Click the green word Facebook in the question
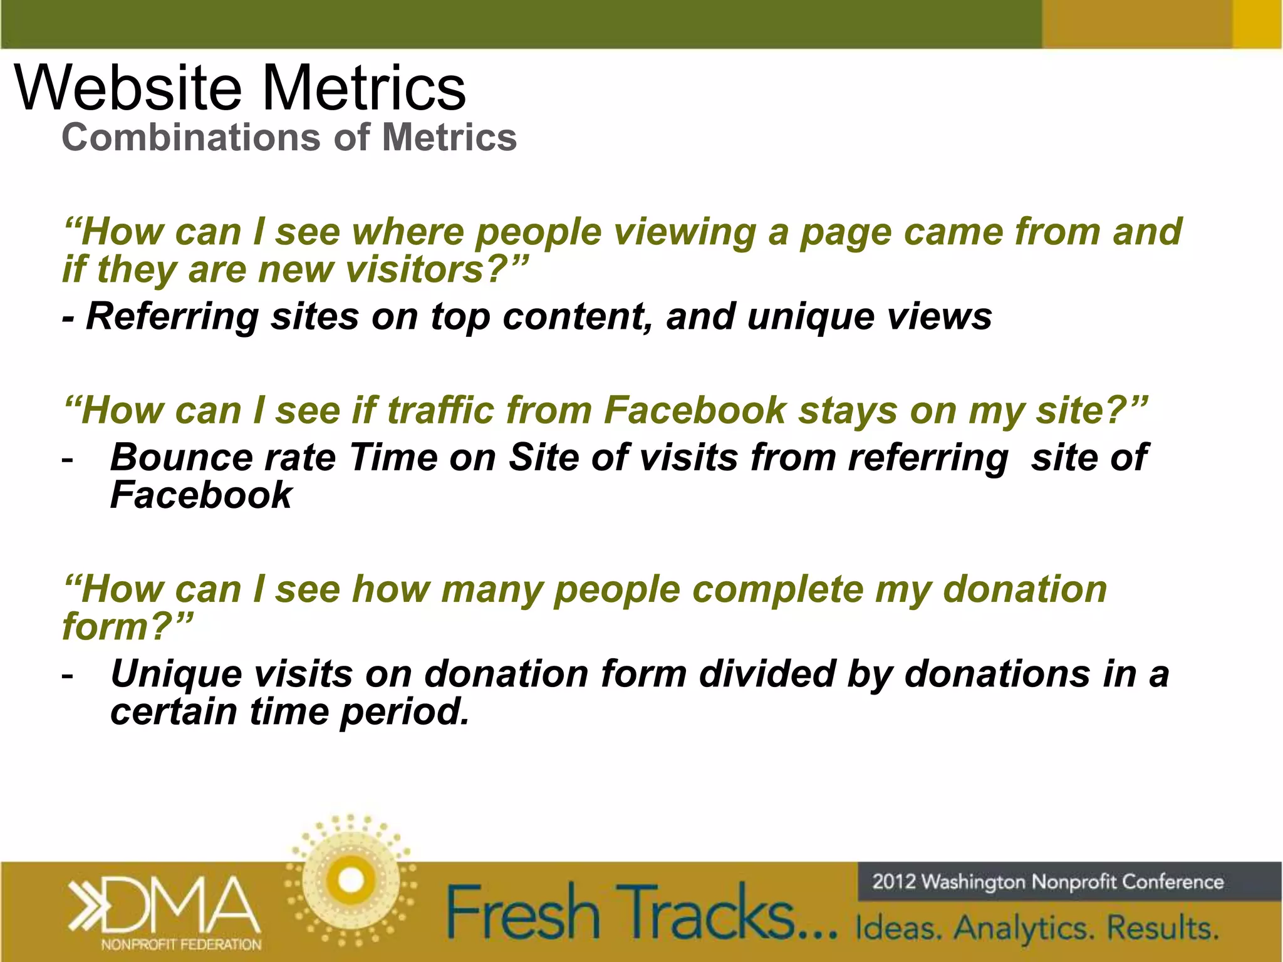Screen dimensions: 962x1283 [695, 411]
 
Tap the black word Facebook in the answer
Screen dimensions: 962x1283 [201, 495]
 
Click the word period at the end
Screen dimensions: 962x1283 [404, 712]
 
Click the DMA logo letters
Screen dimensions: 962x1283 [182, 904]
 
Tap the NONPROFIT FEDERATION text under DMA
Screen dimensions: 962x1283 [181, 944]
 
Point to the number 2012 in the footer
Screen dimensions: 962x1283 [895, 882]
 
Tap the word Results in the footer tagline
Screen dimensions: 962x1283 [1163, 928]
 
